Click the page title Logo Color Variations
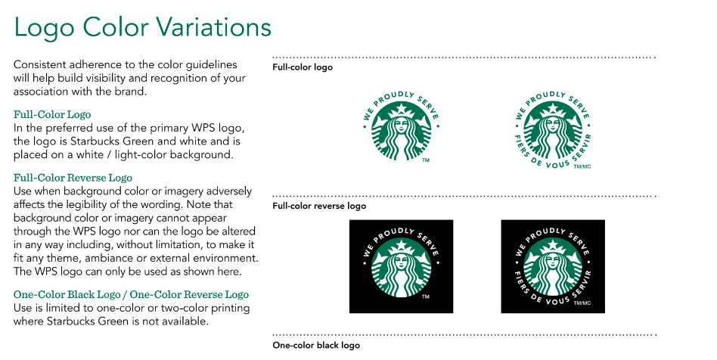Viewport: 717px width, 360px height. pos(142,27)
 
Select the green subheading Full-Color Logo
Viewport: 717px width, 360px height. pos(52,114)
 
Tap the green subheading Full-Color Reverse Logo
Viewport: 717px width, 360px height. pos(73,178)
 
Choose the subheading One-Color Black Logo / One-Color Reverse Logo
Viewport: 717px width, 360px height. pos(131,294)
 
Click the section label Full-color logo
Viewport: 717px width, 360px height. pos(303,67)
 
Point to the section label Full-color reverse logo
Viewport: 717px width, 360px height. pos(319,206)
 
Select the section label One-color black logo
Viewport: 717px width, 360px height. pos(316,346)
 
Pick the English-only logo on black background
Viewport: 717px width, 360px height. pos(401,266)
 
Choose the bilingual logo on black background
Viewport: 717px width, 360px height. pos(553,266)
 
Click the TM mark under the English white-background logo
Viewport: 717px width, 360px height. pos(426,161)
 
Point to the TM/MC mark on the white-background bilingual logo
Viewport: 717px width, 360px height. pos(581,166)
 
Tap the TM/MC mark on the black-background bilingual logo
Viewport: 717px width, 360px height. pos(581,303)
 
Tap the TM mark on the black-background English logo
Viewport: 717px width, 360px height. pos(426,298)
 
